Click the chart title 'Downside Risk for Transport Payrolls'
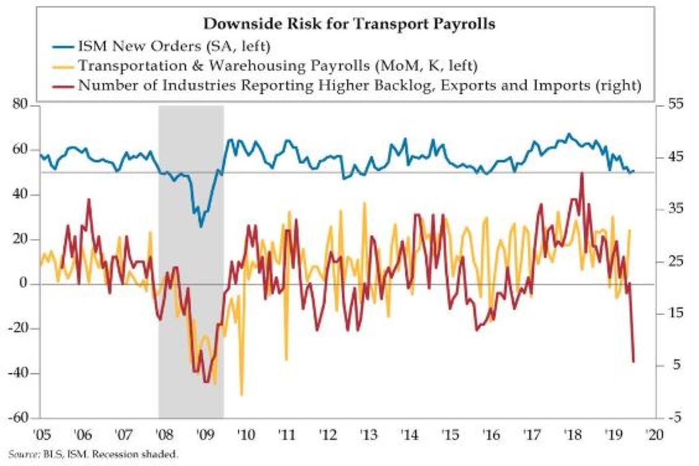point(349,24)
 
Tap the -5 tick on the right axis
point(672,418)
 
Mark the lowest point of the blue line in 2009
point(201,227)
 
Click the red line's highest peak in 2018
point(581,173)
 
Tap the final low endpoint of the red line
point(633,362)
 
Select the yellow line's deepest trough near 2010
point(241,395)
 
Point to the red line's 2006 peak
point(89,200)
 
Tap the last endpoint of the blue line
point(633,171)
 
